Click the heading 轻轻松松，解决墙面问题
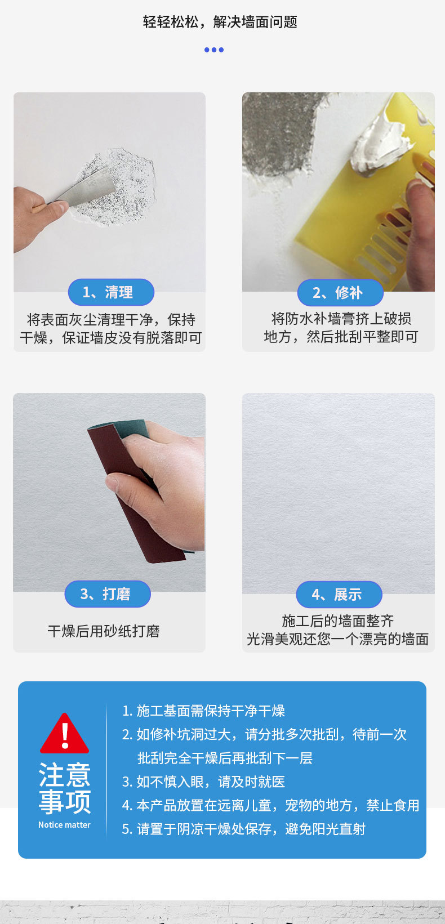(220, 22)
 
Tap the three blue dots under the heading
(214, 50)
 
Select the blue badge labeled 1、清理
(111, 292)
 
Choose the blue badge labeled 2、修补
(340, 293)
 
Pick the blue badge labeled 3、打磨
(108, 594)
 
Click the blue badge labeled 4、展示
(339, 595)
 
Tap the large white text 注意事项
(65, 788)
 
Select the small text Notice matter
(64, 825)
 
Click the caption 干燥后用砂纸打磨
(104, 631)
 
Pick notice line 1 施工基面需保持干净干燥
(204, 711)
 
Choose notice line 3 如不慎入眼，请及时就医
(204, 782)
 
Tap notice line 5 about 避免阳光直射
(244, 829)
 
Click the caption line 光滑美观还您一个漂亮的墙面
(338, 639)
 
